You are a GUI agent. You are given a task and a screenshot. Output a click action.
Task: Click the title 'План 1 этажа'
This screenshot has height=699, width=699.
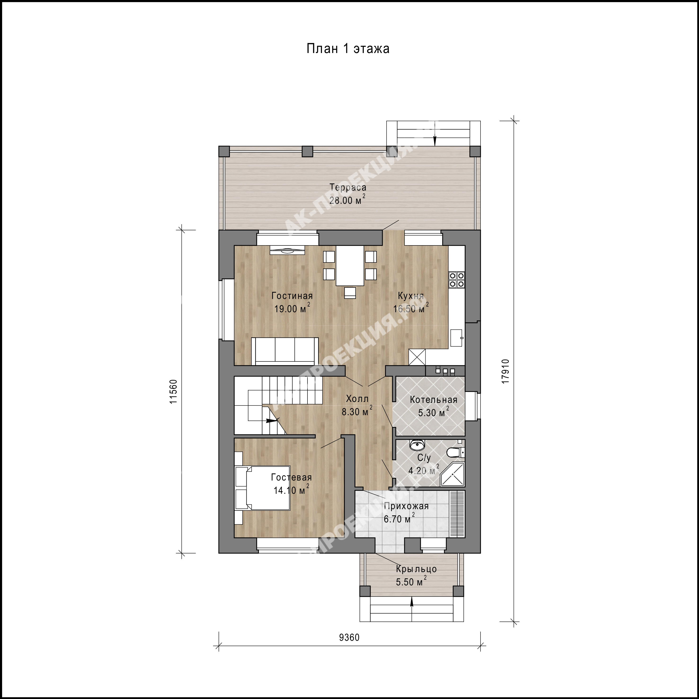point(348,49)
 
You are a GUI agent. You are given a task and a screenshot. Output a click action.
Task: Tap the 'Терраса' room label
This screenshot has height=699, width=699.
point(348,187)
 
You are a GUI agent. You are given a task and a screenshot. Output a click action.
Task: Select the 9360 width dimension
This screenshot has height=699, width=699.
point(349,647)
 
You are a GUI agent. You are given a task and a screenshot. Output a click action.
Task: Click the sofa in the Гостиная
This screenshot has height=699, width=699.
point(285,351)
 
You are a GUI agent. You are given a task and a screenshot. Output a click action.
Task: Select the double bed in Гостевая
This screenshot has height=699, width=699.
point(263,488)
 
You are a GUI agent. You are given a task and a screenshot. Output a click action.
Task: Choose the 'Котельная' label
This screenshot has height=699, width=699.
point(433,400)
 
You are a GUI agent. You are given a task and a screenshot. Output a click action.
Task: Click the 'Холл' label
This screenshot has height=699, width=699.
point(357,399)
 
